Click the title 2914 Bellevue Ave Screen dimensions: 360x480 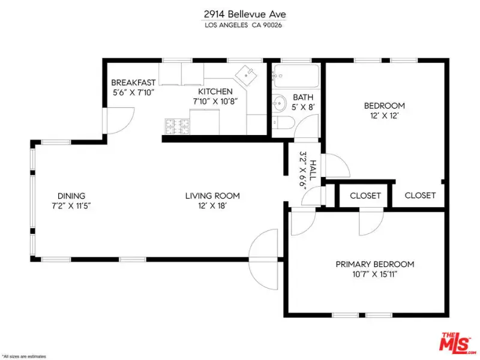pyautogui.click(x=240, y=13)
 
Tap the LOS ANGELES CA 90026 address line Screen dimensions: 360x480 pyautogui.click(x=240, y=25)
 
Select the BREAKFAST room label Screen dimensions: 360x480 pyautogui.click(x=133, y=82)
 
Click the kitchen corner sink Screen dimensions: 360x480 pyautogui.click(x=247, y=76)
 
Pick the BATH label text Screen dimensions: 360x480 pyautogui.click(x=304, y=97)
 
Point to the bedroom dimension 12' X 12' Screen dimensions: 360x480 pyautogui.click(x=384, y=118)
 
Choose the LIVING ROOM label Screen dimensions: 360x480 pyautogui.click(x=212, y=196)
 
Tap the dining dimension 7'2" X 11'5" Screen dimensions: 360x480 pyautogui.click(x=71, y=205)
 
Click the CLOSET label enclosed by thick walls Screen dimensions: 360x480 pyautogui.click(x=365, y=196)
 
